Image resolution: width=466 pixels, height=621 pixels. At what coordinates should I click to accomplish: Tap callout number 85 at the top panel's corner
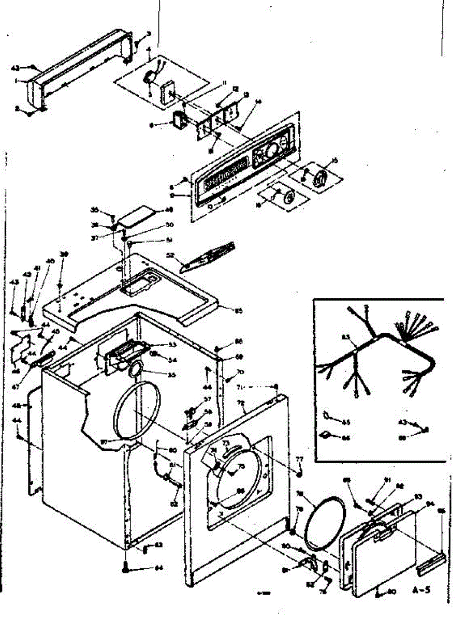tap(239, 311)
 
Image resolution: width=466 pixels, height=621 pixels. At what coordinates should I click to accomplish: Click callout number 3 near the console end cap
tap(149, 34)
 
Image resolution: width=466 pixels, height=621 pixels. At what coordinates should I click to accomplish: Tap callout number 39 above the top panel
tap(64, 255)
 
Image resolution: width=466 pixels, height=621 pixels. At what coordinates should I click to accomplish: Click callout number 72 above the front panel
tap(241, 402)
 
